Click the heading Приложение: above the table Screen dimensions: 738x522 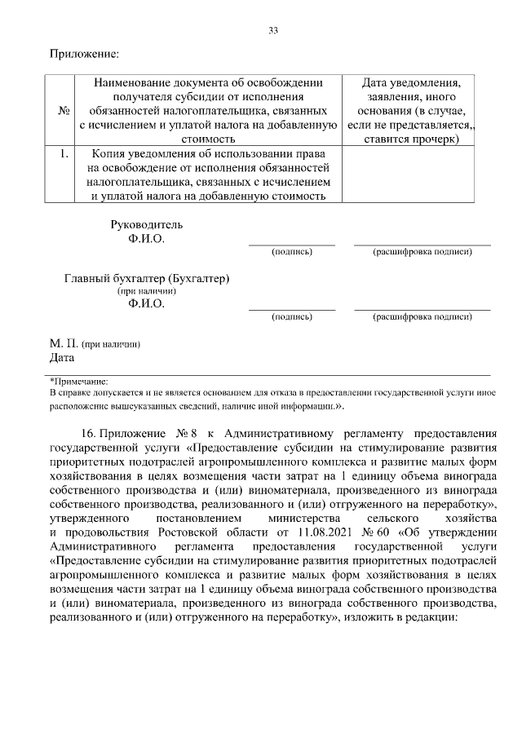click(x=85, y=54)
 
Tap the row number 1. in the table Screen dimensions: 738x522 click(x=63, y=152)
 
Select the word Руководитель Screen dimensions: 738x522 click(x=147, y=224)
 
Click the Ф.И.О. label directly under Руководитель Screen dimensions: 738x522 click(x=146, y=239)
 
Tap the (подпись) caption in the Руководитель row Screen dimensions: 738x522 click(x=291, y=252)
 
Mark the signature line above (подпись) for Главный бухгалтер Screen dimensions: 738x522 click(x=291, y=309)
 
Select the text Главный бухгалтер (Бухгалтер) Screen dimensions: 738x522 click(x=147, y=278)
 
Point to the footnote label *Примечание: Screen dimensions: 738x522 click(x=79, y=380)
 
